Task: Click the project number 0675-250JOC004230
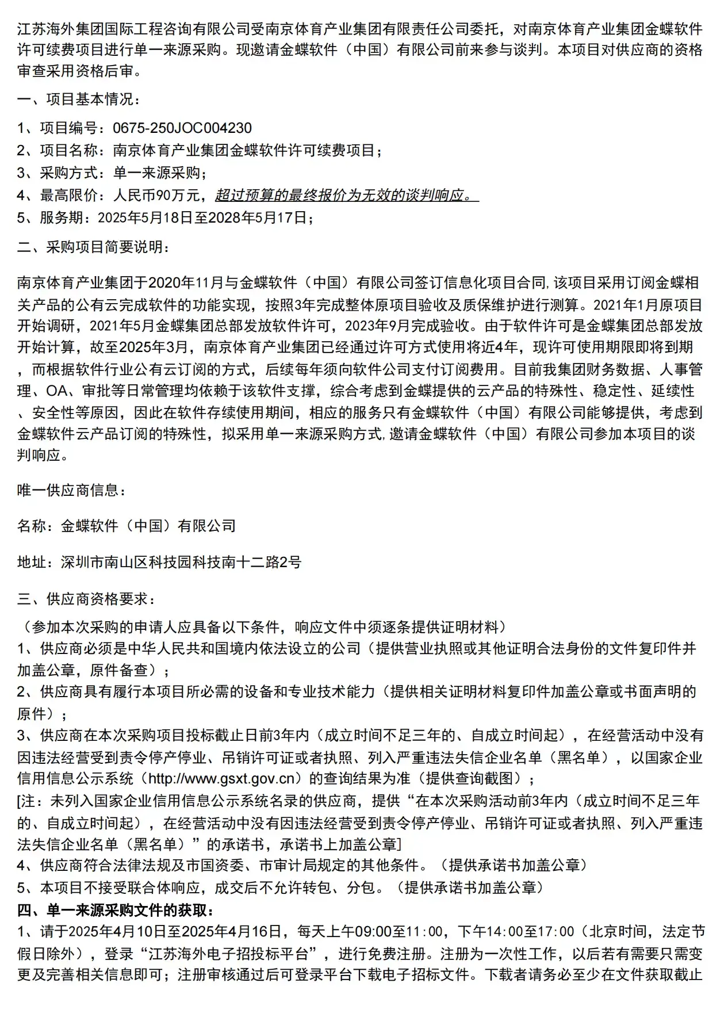click(182, 128)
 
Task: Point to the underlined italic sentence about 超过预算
click(347, 196)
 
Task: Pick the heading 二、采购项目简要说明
click(93, 248)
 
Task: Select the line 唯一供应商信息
click(71, 490)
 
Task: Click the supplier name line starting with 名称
click(127, 526)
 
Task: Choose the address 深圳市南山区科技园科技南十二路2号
click(181, 562)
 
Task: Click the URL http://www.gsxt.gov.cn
click(225, 779)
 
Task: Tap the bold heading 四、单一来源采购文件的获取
click(116, 911)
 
